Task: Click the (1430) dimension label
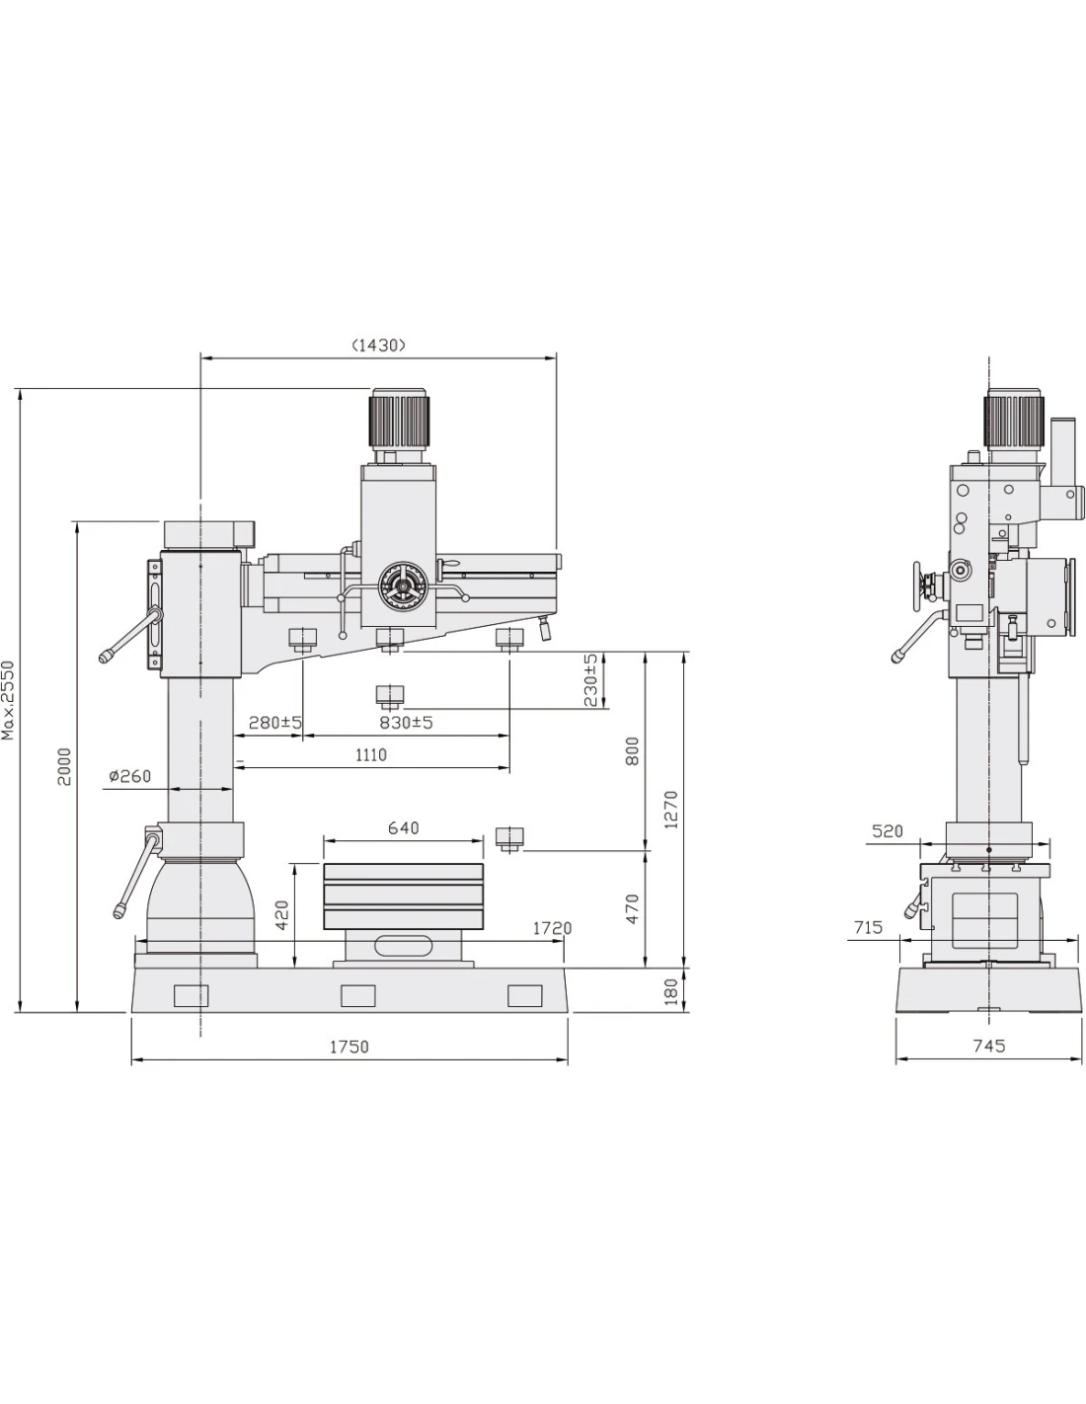pyautogui.click(x=378, y=345)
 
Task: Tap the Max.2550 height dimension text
pyautogui.click(x=8, y=700)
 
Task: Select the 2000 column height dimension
pyautogui.click(x=64, y=766)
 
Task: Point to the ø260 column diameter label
pyautogui.click(x=130, y=775)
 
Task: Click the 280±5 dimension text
pyautogui.click(x=275, y=723)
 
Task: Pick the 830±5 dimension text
pyautogui.click(x=406, y=723)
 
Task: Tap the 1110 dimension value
pyautogui.click(x=371, y=754)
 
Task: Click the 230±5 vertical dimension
pyautogui.click(x=589, y=679)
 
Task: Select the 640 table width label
pyautogui.click(x=404, y=827)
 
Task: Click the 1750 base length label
pyautogui.click(x=349, y=1046)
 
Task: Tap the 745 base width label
pyautogui.click(x=989, y=1046)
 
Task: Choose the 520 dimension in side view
pyautogui.click(x=887, y=831)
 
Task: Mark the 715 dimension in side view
pyautogui.click(x=868, y=927)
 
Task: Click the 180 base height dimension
pyautogui.click(x=670, y=991)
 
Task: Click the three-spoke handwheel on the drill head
pyautogui.click(x=403, y=585)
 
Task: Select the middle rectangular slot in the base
pyautogui.click(x=358, y=995)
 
